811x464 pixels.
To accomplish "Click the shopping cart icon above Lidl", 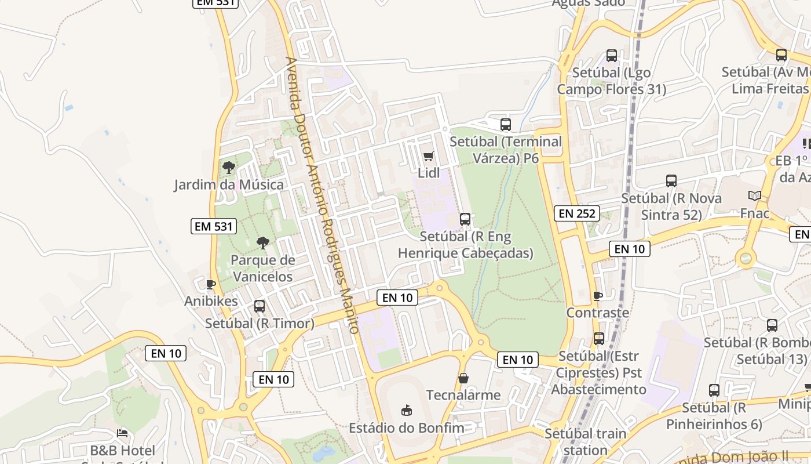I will click(429, 156).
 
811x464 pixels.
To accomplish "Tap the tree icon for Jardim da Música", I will click(229, 168).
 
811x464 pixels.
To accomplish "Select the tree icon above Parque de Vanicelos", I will click(263, 242).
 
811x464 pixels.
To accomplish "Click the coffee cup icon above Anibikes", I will click(211, 284).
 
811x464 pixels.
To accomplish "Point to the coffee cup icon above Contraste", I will click(598, 296).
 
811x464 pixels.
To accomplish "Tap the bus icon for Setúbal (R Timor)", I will click(260, 306).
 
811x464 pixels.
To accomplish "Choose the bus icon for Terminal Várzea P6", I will click(506, 124).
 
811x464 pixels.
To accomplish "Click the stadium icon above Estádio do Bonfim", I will click(407, 411).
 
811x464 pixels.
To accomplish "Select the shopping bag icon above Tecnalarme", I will click(463, 378).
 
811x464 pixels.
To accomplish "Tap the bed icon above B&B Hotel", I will click(122, 433).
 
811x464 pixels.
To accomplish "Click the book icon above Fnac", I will click(754, 196).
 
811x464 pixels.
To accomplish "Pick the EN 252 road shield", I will click(576, 213).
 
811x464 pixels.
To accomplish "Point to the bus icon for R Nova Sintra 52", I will click(671, 181).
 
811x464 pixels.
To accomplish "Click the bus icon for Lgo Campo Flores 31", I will click(612, 56).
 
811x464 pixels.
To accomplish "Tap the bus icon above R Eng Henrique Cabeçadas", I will click(465, 219).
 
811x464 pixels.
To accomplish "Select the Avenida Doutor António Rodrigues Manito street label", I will click(322, 194).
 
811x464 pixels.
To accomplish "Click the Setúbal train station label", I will click(586, 441).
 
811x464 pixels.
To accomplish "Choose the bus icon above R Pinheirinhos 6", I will click(714, 390).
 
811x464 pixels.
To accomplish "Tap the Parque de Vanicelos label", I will click(262, 268).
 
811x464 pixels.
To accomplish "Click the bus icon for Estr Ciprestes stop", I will click(599, 339).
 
